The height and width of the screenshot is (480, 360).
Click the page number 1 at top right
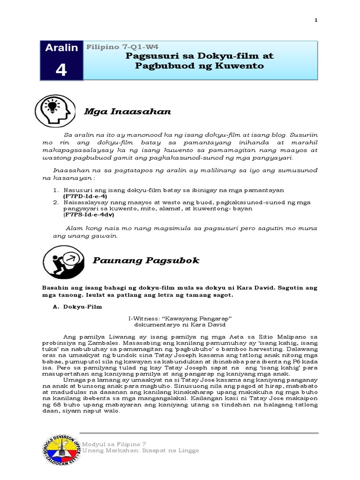click(x=316, y=20)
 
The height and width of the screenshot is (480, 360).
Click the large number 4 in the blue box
click(x=61, y=70)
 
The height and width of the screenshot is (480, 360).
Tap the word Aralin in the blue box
click(x=61, y=48)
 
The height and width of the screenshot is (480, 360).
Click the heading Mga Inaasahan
click(x=127, y=112)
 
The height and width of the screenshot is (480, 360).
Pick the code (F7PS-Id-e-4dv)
click(x=89, y=215)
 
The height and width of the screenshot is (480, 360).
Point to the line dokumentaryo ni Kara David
click(x=180, y=324)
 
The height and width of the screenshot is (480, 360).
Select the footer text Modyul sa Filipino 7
click(x=115, y=443)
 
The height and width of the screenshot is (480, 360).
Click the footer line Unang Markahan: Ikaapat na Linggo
click(x=141, y=450)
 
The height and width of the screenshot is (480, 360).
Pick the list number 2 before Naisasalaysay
click(x=55, y=202)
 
